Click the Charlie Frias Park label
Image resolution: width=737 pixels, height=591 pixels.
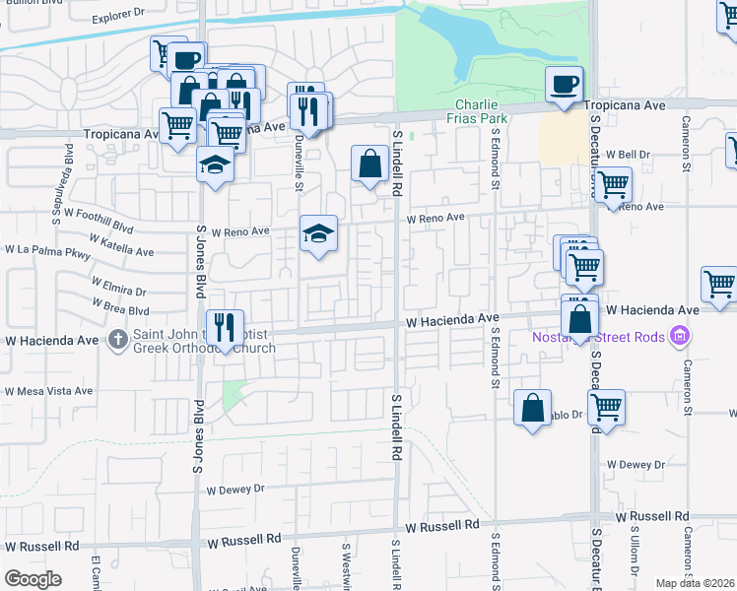pyautogui.click(x=481, y=111)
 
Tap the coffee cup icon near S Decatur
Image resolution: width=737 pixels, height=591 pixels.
pyautogui.click(x=565, y=85)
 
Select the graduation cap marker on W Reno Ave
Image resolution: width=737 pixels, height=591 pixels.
pyautogui.click(x=318, y=234)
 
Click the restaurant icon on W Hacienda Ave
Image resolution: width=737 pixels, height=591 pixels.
pyautogui.click(x=226, y=328)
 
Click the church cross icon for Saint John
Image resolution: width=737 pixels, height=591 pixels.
pyautogui.click(x=117, y=339)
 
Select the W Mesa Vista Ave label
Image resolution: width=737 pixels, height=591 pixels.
pyautogui.click(x=48, y=391)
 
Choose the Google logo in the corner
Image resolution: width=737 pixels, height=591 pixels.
pyautogui.click(x=33, y=578)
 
